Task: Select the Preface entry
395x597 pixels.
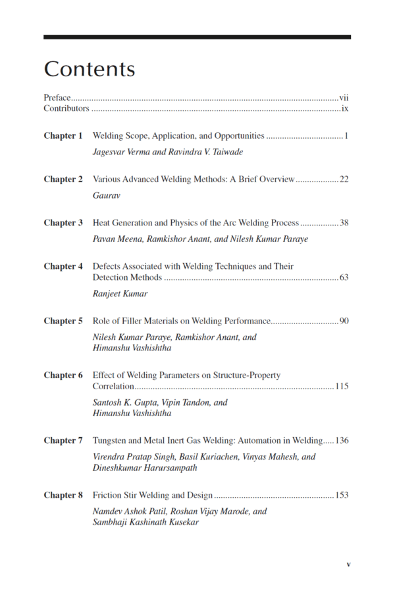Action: click(57, 97)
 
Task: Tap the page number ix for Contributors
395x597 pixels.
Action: click(345, 108)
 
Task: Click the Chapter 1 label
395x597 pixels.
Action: click(63, 136)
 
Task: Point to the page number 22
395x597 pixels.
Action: click(344, 179)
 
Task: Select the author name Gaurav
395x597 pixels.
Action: click(106, 195)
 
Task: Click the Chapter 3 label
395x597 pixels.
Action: click(63, 223)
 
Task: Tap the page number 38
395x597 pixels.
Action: click(344, 223)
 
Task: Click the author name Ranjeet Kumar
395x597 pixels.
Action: click(120, 293)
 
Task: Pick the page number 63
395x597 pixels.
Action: click(344, 277)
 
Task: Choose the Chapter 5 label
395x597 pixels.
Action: click(63, 321)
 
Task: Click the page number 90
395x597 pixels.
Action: click(344, 321)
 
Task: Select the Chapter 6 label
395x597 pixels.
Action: click(63, 375)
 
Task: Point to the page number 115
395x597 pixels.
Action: click(342, 386)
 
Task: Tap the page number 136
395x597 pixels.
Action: click(342, 441)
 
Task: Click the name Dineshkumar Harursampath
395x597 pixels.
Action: click(144, 467)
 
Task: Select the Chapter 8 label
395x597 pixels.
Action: click(63, 495)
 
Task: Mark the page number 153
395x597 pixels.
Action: click(342, 495)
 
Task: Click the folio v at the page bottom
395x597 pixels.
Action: click(348, 564)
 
